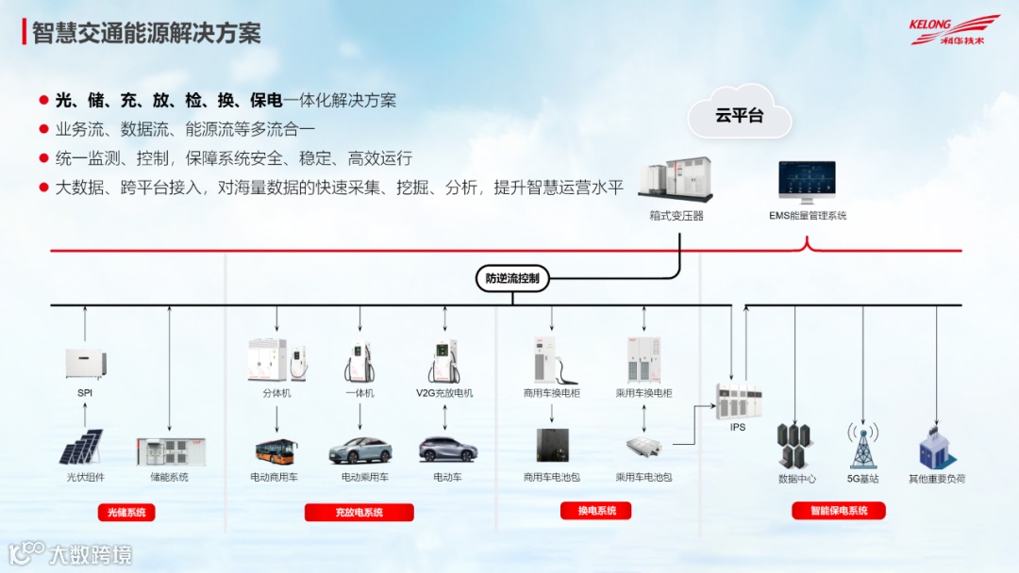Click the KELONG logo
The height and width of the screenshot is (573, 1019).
point(953,30)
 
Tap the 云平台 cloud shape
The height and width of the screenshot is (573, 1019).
point(739,117)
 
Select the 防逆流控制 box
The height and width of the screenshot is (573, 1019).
point(512,278)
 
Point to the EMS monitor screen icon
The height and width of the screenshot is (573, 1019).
point(807,181)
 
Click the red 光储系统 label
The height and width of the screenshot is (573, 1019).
point(125,513)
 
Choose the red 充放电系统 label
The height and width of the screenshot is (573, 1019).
point(359,513)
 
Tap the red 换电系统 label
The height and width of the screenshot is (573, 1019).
point(596,511)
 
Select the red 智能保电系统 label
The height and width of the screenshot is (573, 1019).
point(839,511)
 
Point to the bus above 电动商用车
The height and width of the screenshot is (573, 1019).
point(274,451)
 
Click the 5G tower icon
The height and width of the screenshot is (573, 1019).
point(862,445)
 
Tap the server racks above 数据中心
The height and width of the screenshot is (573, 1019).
point(795,446)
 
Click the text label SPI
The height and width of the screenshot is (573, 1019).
point(85,392)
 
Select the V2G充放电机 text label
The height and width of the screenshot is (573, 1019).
point(444,393)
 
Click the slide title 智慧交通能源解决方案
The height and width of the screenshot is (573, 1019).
point(146,33)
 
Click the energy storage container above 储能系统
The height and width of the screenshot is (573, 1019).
point(170,450)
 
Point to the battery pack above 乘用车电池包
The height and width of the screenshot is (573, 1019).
point(644,447)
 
